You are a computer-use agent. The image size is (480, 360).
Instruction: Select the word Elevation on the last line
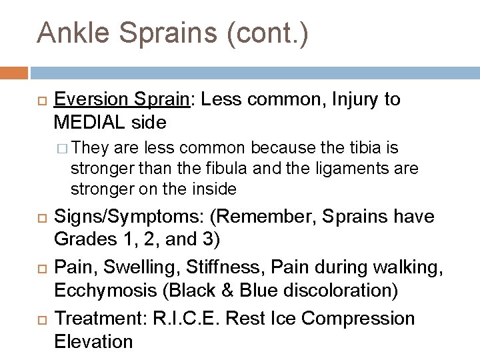[94, 342]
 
